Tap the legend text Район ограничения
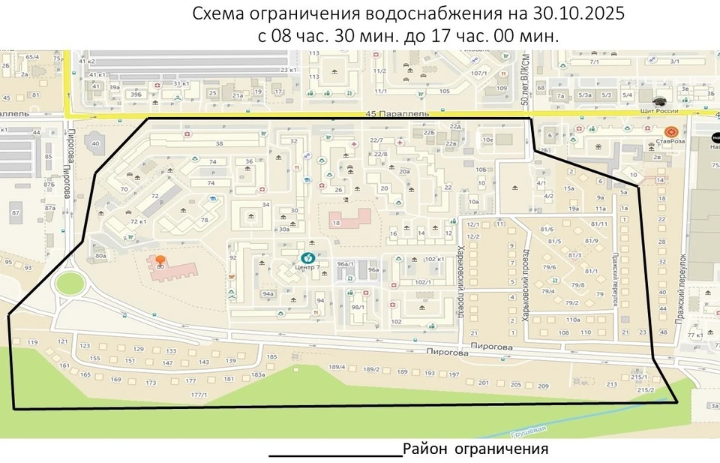(475, 449)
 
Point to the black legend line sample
(335, 455)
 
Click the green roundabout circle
(69, 284)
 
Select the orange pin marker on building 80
(160, 260)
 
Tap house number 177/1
(199, 395)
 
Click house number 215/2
(646, 390)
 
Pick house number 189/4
(337, 368)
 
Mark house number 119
(32, 343)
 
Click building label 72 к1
(137, 222)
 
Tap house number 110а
(573, 320)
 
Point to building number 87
(15, 213)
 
